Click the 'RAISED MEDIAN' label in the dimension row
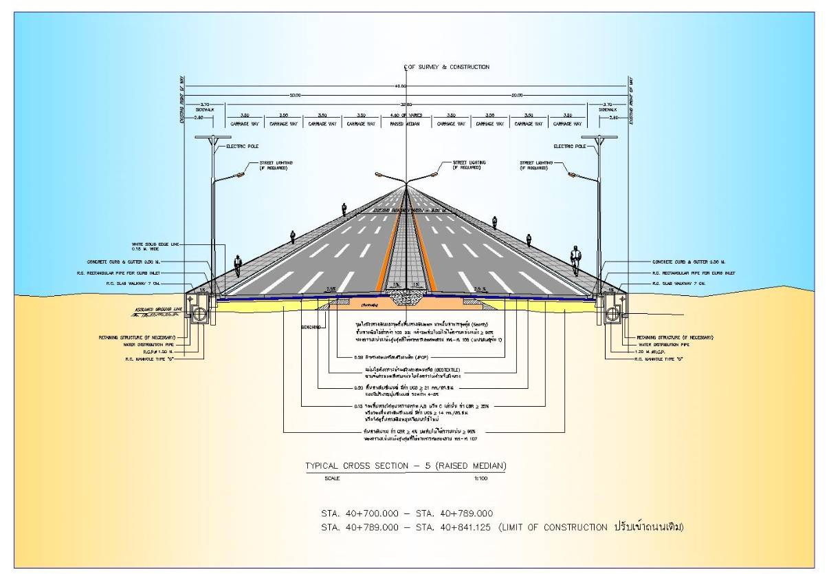tap(406, 124)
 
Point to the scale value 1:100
tap(480, 478)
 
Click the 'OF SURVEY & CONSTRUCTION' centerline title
tap(450, 67)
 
